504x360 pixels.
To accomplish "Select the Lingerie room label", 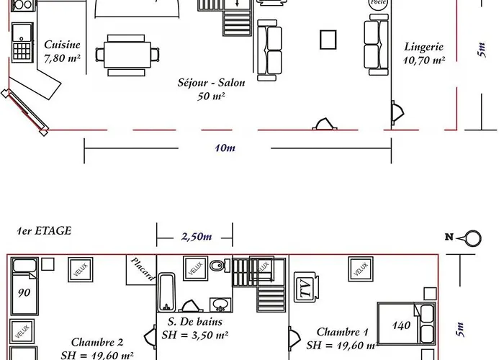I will [x=423, y=54].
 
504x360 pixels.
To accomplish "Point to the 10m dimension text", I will [x=225, y=148].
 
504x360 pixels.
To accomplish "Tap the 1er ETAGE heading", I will [x=45, y=231].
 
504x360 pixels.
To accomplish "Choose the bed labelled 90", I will [x=27, y=287].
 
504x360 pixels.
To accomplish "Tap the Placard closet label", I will [x=143, y=268].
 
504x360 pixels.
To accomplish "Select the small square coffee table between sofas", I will [x=329, y=39].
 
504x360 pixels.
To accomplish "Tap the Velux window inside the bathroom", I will [x=194, y=269].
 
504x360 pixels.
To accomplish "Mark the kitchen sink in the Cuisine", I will [x=23, y=33].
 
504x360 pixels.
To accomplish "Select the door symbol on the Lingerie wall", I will [x=397, y=112].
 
